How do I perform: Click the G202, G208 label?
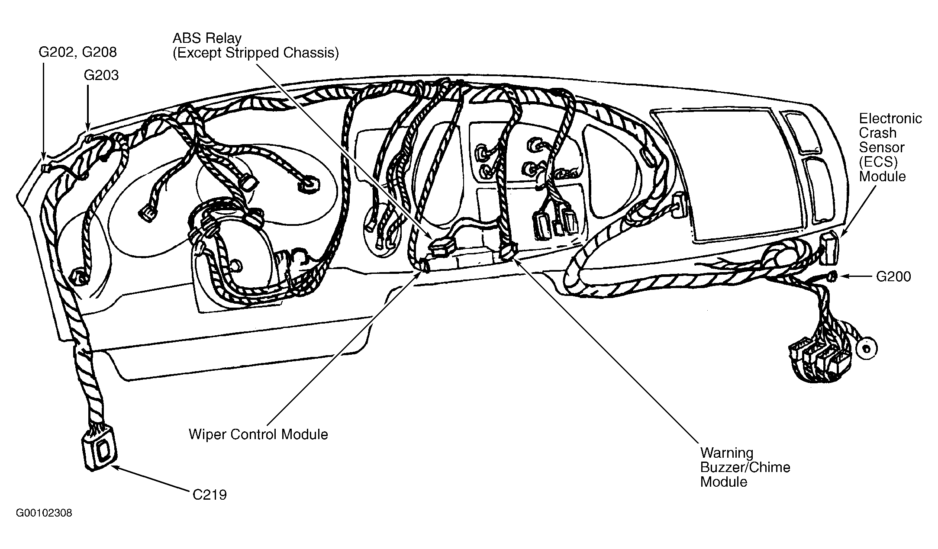tap(77, 52)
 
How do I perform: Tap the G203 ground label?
tap(101, 75)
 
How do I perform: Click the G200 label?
tap(893, 276)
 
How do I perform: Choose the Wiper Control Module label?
tap(258, 434)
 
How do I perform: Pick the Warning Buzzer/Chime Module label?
tap(745, 467)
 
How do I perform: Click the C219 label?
tap(210, 494)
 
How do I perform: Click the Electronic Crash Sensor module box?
tap(829, 248)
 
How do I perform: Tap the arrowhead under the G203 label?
tap(88, 129)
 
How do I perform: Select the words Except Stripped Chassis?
tap(255, 53)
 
